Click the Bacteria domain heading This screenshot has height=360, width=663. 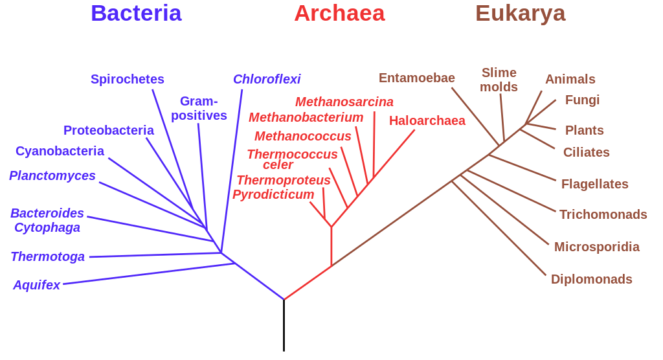tap(136, 13)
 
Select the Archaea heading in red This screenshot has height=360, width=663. tap(339, 13)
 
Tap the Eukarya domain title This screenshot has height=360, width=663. tap(521, 13)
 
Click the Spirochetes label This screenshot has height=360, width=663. tap(128, 79)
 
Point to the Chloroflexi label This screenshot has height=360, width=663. tap(267, 79)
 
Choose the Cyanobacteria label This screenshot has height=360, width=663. tap(60, 151)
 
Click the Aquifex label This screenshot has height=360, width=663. tap(36, 285)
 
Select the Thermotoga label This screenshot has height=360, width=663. tap(48, 256)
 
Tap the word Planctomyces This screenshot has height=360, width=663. tap(52, 175)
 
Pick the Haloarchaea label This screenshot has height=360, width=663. tap(427, 120)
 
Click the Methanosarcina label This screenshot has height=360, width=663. tap(344, 102)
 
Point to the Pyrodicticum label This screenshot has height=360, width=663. tap(273, 194)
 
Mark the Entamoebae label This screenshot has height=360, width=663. tap(417, 78)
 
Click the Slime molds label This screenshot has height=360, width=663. tap(499, 80)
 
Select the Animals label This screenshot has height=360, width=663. tap(570, 79)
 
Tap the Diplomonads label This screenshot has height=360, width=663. tap(591, 280)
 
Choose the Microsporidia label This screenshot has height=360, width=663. tap(597, 247)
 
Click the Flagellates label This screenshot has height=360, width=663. tap(594, 184)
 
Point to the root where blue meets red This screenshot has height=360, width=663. tap(284, 300)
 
